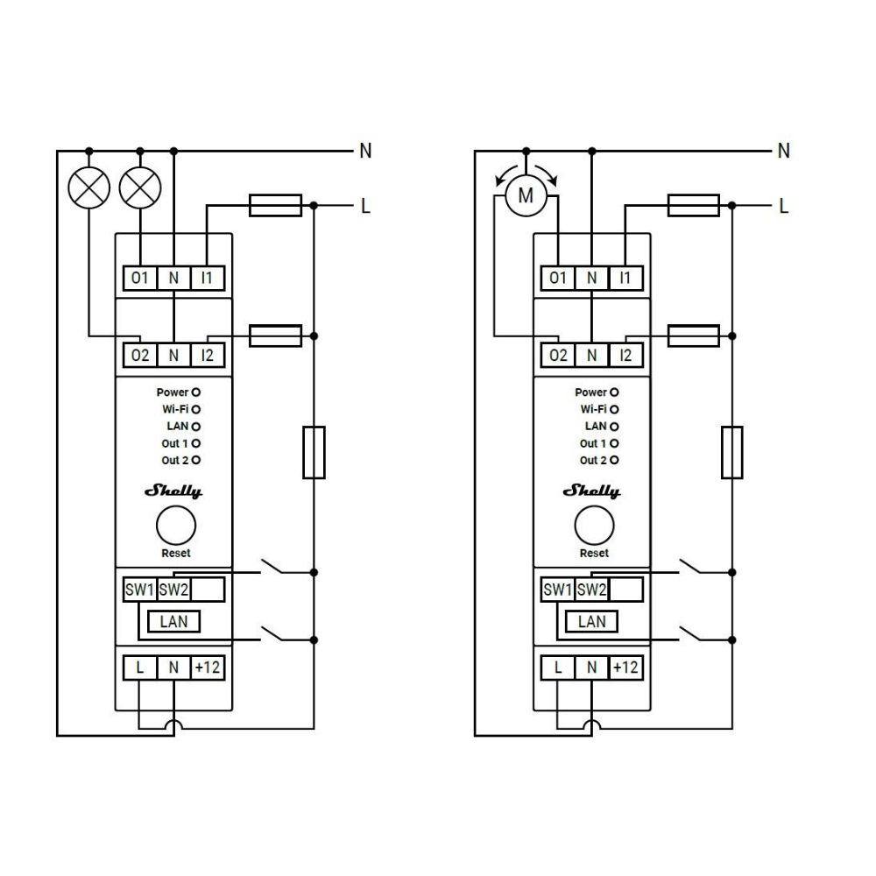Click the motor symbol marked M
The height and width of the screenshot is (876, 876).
pyautogui.click(x=526, y=195)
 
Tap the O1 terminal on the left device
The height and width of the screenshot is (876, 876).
pyautogui.click(x=139, y=278)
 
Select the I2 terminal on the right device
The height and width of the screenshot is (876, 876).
pyautogui.click(x=625, y=356)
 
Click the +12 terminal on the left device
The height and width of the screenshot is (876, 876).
pyautogui.click(x=208, y=667)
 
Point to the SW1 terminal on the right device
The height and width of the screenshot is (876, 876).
pyautogui.click(x=557, y=590)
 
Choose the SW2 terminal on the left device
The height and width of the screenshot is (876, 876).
pyautogui.click(x=173, y=590)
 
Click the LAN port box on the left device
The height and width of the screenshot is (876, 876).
pyautogui.click(x=173, y=621)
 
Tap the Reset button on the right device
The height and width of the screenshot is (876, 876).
pyautogui.click(x=594, y=525)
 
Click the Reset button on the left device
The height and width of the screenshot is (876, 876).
pyautogui.click(x=176, y=525)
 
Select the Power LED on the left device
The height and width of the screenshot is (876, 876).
pyautogui.click(x=195, y=392)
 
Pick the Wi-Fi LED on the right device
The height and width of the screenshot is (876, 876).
pyautogui.click(x=614, y=409)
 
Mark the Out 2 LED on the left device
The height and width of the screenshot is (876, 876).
pyautogui.click(x=195, y=461)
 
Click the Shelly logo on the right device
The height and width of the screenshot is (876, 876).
pyautogui.click(x=591, y=491)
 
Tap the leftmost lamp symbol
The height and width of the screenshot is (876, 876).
pyautogui.click(x=88, y=187)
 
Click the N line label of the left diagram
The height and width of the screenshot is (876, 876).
pyautogui.click(x=365, y=151)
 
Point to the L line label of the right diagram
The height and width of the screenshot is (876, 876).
pyautogui.click(x=784, y=206)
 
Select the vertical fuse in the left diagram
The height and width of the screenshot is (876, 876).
pyautogui.click(x=314, y=453)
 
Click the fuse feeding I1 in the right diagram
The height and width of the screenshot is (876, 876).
pyautogui.click(x=694, y=206)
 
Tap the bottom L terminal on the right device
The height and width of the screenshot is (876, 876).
pyautogui.click(x=557, y=667)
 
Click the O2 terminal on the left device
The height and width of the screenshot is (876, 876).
pyautogui.click(x=139, y=356)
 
